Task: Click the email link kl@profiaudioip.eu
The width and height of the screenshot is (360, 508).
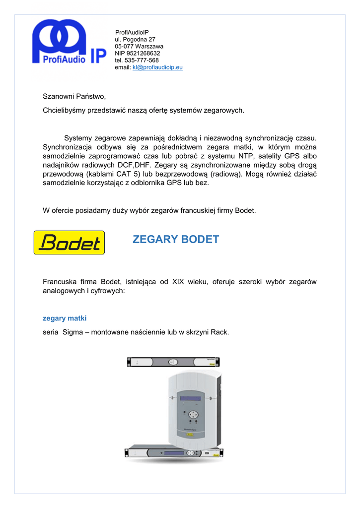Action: coord(157,67)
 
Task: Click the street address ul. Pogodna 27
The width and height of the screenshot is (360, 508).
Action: coord(135,39)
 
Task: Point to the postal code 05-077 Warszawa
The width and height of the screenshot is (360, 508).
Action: coord(139,46)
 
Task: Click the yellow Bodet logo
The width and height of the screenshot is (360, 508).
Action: coord(69,243)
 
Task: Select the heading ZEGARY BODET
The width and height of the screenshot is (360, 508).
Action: coord(176,240)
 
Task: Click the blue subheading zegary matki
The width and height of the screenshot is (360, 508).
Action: coord(65,318)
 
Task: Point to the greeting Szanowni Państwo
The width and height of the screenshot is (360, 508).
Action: coord(74,96)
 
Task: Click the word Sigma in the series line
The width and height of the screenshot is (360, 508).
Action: coord(72,332)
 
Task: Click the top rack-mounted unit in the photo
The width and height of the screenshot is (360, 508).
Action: coord(173,362)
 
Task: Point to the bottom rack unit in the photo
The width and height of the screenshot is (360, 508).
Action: coord(173,453)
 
